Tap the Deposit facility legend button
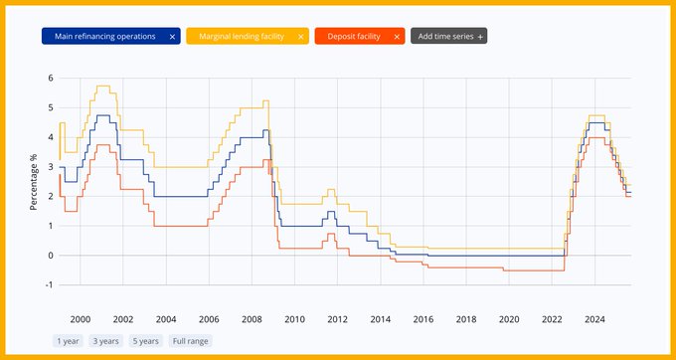pyautogui.click(x=349, y=37)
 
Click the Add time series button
pyautogui.click(x=446, y=37)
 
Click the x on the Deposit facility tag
pyautogui.click(x=397, y=37)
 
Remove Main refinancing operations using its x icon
pyautogui.click(x=172, y=37)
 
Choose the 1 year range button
pyautogui.click(x=68, y=341)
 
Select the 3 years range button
pyautogui.click(x=104, y=341)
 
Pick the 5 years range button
pyautogui.click(x=144, y=341)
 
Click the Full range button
pyautogui.click(x=190, y=341)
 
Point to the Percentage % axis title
pyautogui.click(x=34, y=181)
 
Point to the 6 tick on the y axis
pyautogui.click(x=50, y=78)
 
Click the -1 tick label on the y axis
pyautogui.click(x=49, y=284)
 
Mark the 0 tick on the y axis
pyautogui.click(x=50, y=256)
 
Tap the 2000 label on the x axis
pyautogui.click(x=80, y=319)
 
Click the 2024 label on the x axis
pyautogui.click(x=594, y=319)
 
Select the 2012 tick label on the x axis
pyautogui.click(x=337, y=319)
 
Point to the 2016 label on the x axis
pyautogui.click(x=422, y=319)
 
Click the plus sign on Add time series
pyautogui.click(x=481, y=37)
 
